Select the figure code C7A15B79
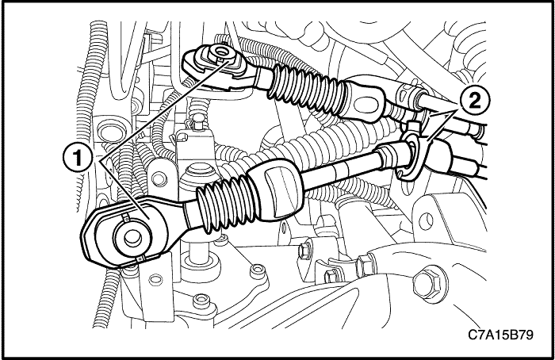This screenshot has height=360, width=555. tap(500, 334)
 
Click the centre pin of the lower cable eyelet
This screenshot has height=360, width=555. tap(132, 238)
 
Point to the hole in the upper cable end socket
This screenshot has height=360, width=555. tap(223, 52)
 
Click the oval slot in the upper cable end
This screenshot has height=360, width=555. tap(366, 105)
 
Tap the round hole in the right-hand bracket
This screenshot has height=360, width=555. tap(427, 220)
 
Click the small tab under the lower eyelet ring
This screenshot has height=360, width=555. tap(140, 259)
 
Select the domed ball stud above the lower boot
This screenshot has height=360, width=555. tap(198, 173)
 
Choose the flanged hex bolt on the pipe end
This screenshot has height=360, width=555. tap(364, 265)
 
